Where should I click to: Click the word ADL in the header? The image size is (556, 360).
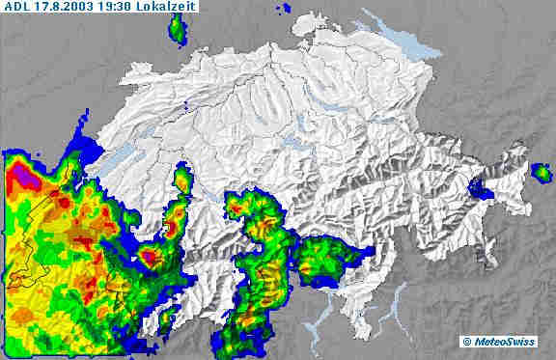click(16, 7)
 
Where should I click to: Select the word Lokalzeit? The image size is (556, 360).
click(189, 7)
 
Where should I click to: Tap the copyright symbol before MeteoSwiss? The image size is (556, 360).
click(466, 341)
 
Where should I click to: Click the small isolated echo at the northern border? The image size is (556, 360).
click(178, 31)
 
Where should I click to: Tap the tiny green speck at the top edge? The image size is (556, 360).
click(286, 10)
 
